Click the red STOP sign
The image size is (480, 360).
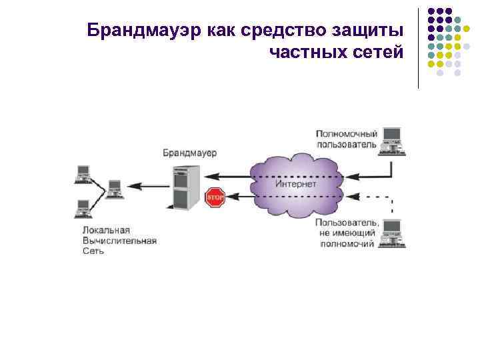click(x=215, y=197)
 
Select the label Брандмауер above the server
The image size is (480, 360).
click(x=190, y=153)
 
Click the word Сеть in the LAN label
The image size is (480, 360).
click(x=93, y=251)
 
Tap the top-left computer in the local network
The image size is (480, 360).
click(x=83, y=173)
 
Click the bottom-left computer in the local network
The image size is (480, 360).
click(x=83, y=208)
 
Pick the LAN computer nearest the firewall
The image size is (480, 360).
click(x=114, y=189)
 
